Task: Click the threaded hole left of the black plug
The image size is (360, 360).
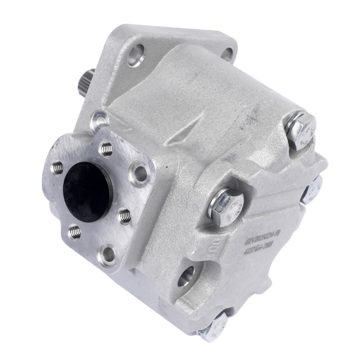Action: [x=58, y=166]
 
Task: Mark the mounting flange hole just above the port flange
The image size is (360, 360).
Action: [x=100, y=121]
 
